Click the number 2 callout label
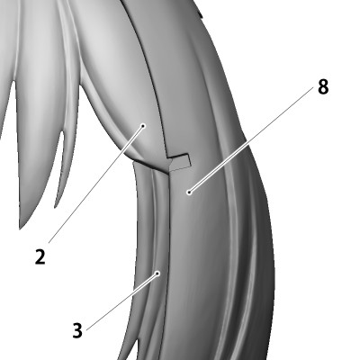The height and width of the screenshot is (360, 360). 40,256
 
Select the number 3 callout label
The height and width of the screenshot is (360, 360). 77,330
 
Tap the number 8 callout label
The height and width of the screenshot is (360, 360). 323,87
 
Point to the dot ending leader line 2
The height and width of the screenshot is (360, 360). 143,126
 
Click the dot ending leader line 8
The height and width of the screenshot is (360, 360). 189,192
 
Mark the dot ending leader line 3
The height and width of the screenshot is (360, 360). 157,274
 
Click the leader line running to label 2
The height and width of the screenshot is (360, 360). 95,184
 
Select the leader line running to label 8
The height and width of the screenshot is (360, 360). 251,139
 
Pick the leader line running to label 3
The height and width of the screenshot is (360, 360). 122,301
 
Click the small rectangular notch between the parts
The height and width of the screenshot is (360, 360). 180,162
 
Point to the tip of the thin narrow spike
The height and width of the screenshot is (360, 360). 56,206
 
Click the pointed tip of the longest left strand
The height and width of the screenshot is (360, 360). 20,228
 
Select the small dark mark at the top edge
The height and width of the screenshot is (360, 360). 201,13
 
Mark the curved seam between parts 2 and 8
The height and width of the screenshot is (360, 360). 150,75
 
